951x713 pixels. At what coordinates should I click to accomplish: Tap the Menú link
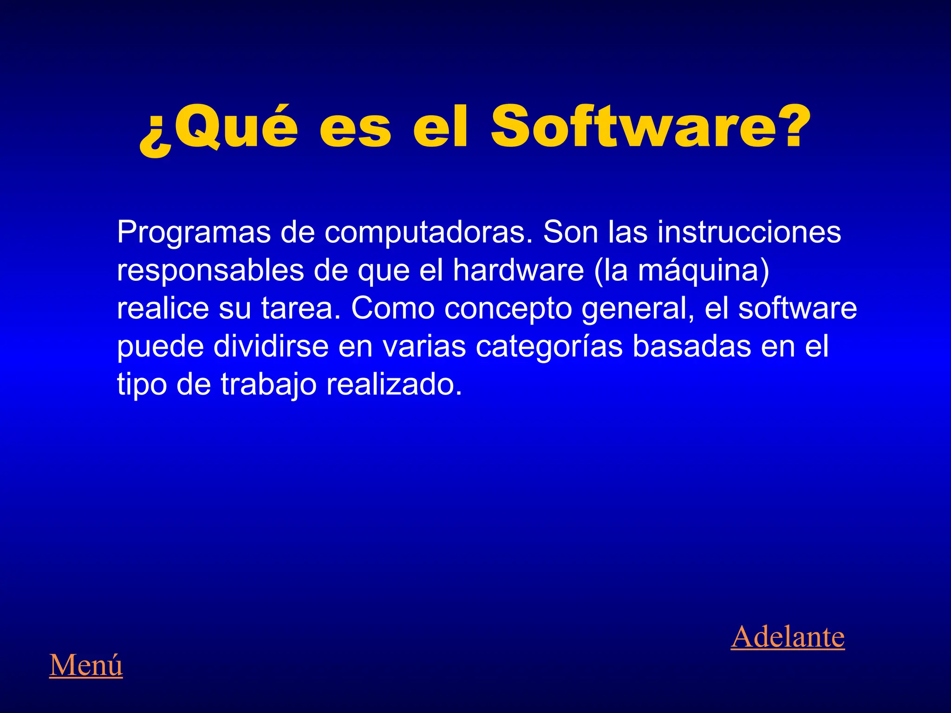tap(86, 665)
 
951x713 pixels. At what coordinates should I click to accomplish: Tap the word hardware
tap(518, 270)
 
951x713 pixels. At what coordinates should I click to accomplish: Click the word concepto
tap(508, 309)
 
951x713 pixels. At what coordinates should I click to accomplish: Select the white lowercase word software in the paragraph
tap(797, 308)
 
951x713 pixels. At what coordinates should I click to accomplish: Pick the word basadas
tap(691, 346)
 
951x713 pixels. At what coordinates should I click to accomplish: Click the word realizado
tap(394, 384)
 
